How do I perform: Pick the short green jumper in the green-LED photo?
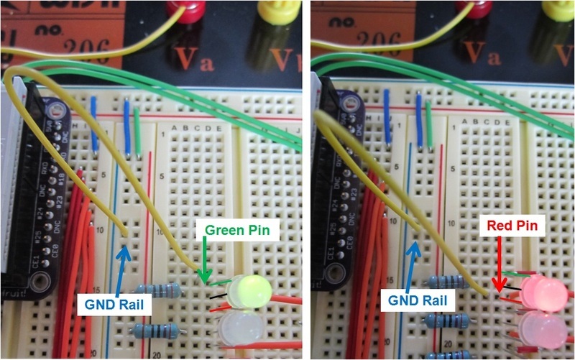(x=137, y=129)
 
